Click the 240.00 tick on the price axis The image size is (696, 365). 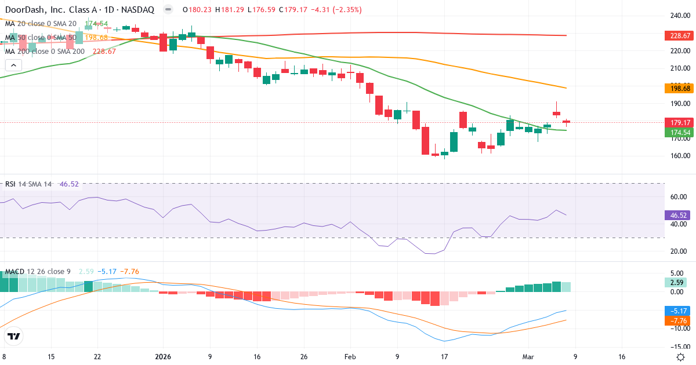pos(679,16)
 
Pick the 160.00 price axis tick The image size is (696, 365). pos(679,156)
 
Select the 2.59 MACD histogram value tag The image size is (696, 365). pos(676,282)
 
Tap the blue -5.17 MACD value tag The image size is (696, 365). pos(676,311)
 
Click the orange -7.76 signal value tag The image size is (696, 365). pos(676,320)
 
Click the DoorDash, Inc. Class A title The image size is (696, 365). pos(53,9)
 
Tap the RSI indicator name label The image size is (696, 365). pos(10,184)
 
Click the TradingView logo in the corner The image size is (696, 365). pos(14,336)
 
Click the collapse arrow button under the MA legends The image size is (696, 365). pos(13,65)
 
